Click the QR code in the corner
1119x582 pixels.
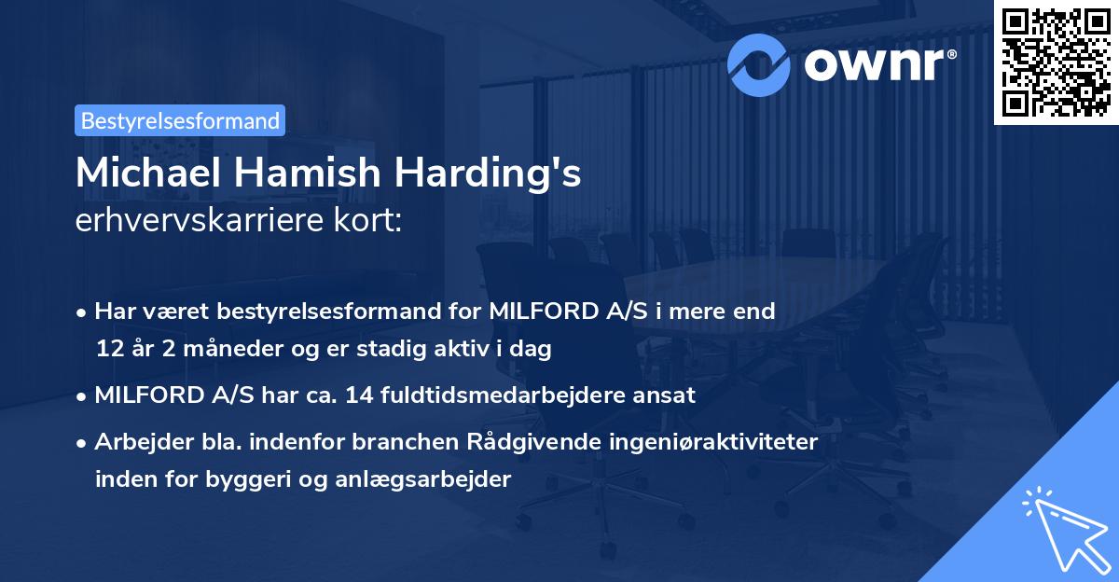[x=1056, y=62]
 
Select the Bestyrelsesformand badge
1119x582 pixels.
[x=180, y=120]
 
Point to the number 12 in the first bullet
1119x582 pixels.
[x=108, y=350]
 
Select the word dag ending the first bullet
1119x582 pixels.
[x=532, y=350]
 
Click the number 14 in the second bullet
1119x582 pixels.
[x=359, y=395]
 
